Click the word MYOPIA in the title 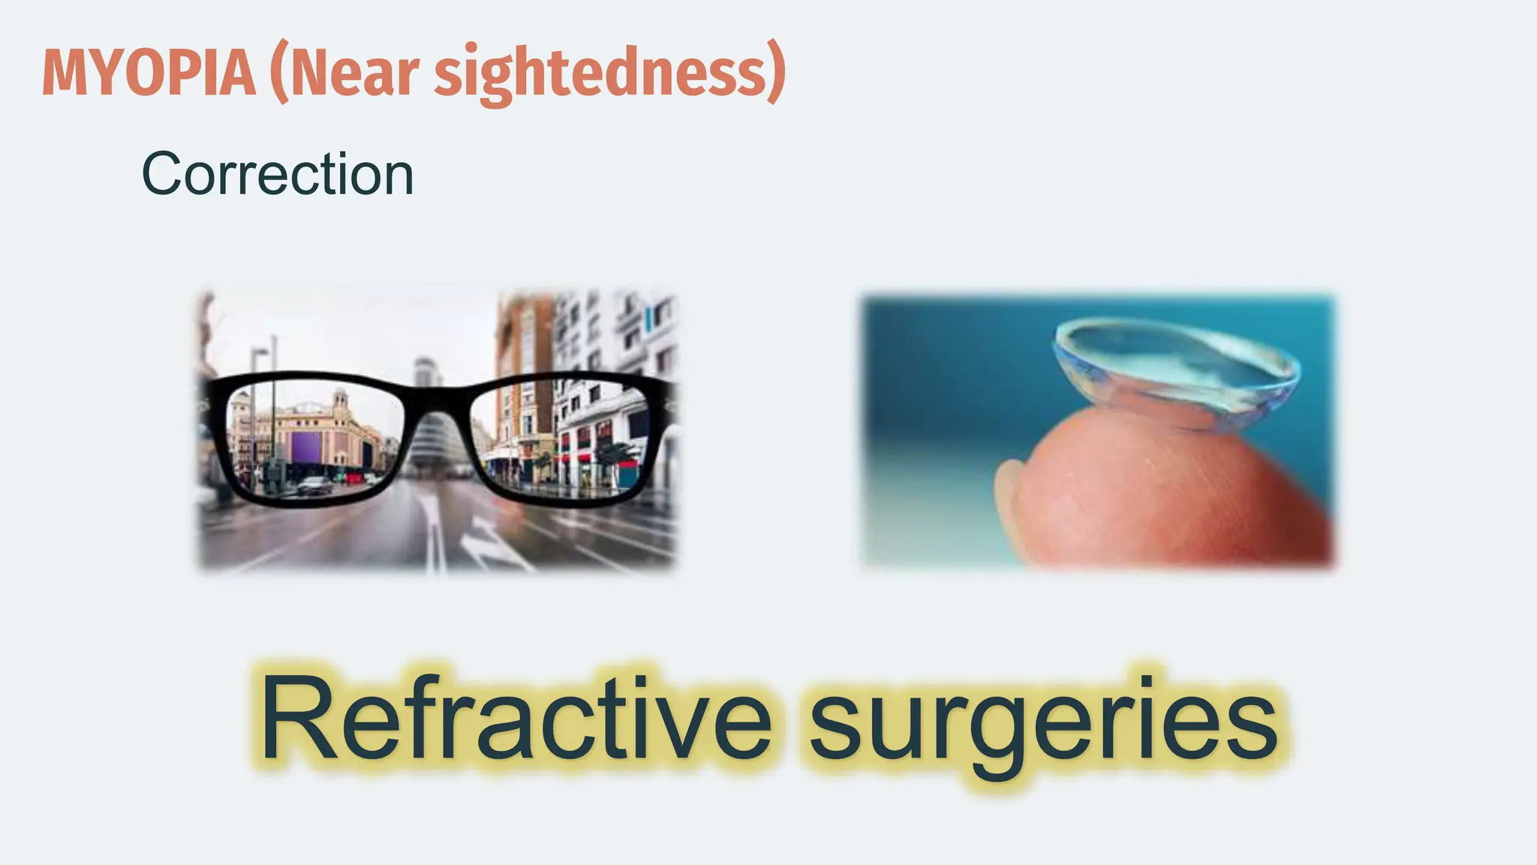(149, 73)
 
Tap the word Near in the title (353, 73)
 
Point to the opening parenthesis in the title (279, 73)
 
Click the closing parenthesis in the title (776, 73)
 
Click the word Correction (278, 174)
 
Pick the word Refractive (516, 717)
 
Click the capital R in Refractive (294, 717)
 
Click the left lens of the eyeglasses (311, 439)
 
